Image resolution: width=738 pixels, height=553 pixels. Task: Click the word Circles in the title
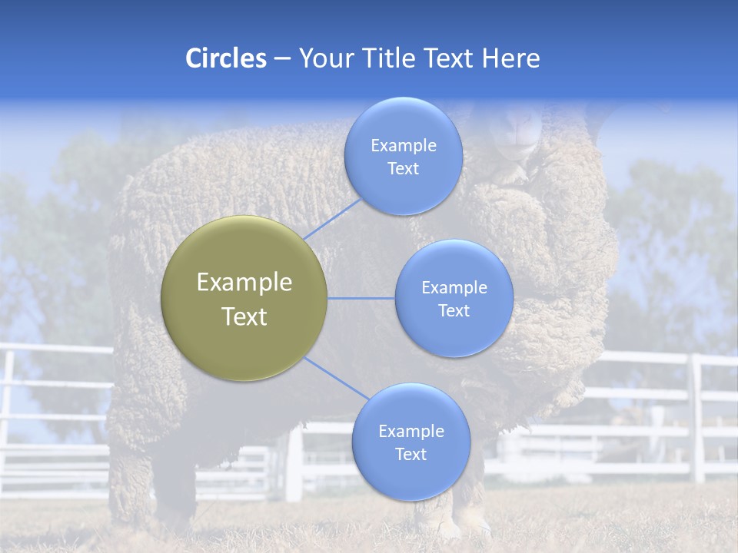coord(226,58)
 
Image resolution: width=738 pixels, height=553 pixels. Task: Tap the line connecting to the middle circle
coord(361,298)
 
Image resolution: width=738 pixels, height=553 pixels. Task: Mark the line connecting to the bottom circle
coord(337,378)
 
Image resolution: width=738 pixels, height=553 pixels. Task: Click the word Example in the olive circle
coord(244,283)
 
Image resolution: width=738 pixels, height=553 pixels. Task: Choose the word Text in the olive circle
coord(244,316)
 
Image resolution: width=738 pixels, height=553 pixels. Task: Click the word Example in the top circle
coord(403,145)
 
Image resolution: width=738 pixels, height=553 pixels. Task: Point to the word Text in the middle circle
coord(454,310)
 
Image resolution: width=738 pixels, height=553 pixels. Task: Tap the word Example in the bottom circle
coord(411,431)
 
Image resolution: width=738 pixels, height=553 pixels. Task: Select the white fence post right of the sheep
coord(697,419)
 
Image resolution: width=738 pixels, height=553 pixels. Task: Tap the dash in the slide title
coord(282,59)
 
